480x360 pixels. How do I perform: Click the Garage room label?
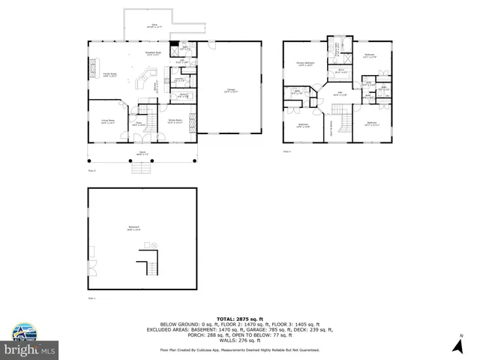(228, 91)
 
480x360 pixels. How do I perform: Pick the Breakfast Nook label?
(154, 53)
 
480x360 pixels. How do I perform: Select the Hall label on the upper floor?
(339, 94)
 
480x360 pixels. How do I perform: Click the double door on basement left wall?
(91, 265)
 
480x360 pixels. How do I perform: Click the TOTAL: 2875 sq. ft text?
(239, 319)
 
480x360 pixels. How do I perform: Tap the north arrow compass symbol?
(457, 344)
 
